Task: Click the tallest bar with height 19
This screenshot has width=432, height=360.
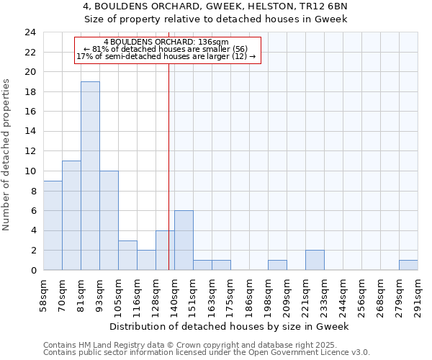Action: coord(90,176)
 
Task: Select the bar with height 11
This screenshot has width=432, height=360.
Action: coord(71,215)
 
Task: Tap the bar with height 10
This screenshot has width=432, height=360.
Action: coord(109,220)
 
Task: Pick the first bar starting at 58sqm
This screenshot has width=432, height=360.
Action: coord(53,225)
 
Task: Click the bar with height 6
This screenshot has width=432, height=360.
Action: coord(184,240)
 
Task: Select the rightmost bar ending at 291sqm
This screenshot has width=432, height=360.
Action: coord(408,265)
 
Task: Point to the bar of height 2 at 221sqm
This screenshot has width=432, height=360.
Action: coord(315,260)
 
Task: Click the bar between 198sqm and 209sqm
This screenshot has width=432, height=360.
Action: coord(277,265)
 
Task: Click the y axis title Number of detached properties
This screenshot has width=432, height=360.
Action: coord(7,155)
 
